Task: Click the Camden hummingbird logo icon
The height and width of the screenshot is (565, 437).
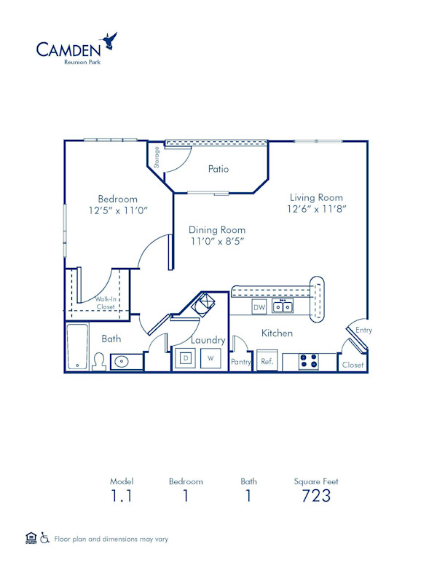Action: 111,40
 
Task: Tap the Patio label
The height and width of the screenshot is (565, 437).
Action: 219,169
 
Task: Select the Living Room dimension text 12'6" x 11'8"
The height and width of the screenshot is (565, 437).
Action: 316,209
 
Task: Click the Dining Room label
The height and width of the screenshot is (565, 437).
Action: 218,229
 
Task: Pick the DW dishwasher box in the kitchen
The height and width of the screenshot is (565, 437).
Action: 259,307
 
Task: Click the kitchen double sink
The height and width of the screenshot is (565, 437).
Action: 283,307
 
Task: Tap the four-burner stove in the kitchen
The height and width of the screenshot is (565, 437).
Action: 309,361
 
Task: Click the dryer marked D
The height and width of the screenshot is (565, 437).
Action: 186,359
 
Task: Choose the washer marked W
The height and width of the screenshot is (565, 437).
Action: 210,359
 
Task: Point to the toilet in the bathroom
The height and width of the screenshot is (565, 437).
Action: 98,360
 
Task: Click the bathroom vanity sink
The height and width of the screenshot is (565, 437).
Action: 121,360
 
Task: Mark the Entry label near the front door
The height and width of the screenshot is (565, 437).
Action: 363,330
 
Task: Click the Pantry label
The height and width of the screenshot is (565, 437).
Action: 240,362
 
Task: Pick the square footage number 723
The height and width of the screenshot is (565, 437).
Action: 316,496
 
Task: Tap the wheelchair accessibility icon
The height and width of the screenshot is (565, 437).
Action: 45,539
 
